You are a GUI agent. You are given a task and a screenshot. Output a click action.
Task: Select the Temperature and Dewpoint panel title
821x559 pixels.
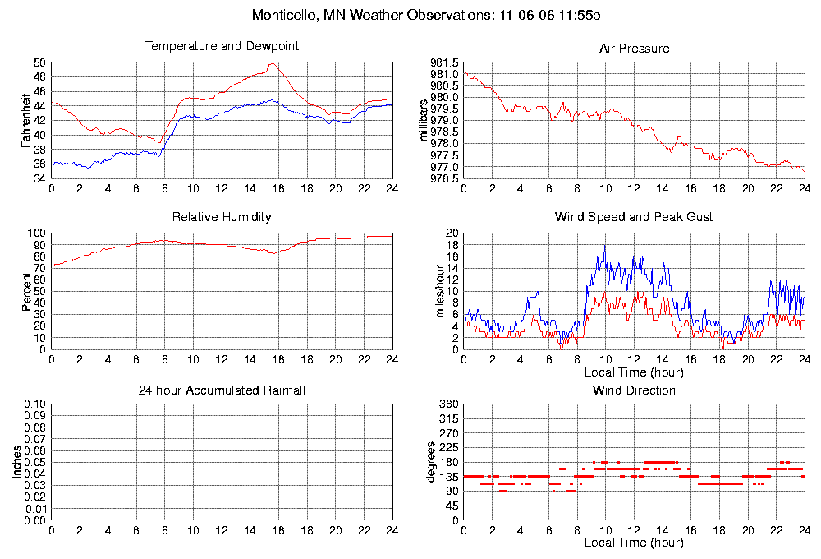(x=222, y=46)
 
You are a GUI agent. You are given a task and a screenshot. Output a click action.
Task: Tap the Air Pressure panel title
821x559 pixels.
(x=634, y=49)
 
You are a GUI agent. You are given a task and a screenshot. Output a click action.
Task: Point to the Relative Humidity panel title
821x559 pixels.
(x=222, y=217)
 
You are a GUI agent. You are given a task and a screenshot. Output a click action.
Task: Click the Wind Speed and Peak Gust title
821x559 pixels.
(x=634, y=217)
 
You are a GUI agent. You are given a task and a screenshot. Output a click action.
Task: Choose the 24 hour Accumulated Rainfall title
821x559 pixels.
(x=222, y=390)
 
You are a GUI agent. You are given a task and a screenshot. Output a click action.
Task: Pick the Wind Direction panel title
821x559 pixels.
(x=634, y=390)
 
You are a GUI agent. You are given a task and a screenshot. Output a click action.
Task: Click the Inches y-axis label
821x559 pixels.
(x=16, y=463)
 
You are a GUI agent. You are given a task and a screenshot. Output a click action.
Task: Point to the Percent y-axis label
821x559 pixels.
(x=26, y=291)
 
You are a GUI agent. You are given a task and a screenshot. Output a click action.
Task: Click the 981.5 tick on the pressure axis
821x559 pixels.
(x=444, y=62)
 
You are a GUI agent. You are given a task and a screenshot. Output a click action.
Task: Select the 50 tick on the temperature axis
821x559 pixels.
(x=40, y=62)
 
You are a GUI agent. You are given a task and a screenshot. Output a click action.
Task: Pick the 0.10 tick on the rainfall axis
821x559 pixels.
(x=35, y=404)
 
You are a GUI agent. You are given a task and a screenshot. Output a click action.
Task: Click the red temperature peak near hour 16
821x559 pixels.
(x=273, y=63)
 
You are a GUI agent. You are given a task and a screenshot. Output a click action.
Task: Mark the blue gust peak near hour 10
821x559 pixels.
(x=605, y=245)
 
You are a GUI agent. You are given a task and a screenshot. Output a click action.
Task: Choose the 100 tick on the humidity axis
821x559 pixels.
(x=38, y=233)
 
